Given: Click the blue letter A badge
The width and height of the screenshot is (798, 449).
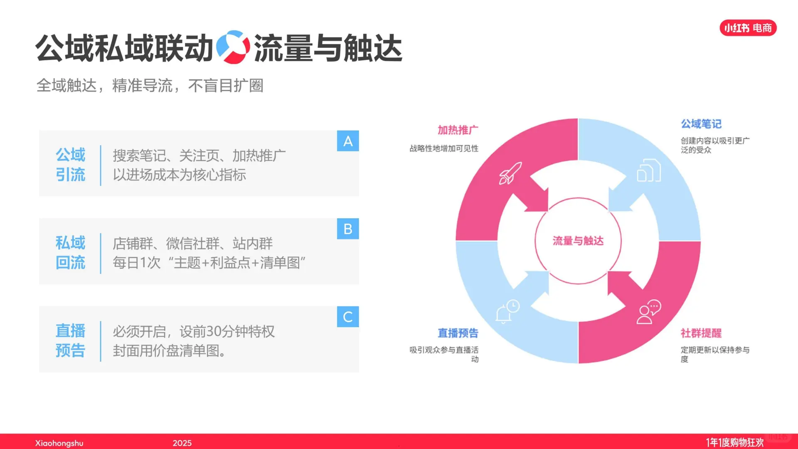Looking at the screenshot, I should (x=348, y=141).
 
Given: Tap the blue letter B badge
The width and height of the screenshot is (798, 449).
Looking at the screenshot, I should (x=348, y=229).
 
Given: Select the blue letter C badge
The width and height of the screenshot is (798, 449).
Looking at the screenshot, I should (x=348, y=317).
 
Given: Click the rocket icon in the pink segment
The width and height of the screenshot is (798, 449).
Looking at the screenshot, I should (x=510, y=173).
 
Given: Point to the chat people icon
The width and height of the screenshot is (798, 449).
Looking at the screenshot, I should (x=648, y=312).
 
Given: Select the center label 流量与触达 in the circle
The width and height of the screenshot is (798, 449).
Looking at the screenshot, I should (x=578, y=241).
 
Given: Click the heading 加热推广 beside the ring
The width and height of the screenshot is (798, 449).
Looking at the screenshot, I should (x=458, y=130).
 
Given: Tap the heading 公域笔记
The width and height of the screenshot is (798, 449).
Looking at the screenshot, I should (x=701, y=124).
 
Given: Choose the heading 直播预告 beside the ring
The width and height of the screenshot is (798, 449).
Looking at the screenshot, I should (x=458, y=333).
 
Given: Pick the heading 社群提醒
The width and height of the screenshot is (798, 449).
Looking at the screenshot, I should (x=701, y=333).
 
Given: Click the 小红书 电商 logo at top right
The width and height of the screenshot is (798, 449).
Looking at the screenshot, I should (x=748, y=28).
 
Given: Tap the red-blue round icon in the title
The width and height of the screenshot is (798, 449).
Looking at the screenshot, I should (x=233, y=47).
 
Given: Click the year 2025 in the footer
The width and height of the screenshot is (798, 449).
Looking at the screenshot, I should (x=182, y=443).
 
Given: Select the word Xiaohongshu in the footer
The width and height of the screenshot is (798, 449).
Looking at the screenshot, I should (x=59, y=443).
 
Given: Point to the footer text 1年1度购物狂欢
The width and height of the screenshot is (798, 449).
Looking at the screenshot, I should (x=734, y=442).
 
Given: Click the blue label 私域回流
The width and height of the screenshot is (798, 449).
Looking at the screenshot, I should (x=70, y=253).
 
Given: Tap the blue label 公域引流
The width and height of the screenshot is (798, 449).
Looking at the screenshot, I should (x=70, y=165).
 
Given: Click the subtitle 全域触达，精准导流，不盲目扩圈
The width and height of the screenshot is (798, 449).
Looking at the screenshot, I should (x=150, y=86).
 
